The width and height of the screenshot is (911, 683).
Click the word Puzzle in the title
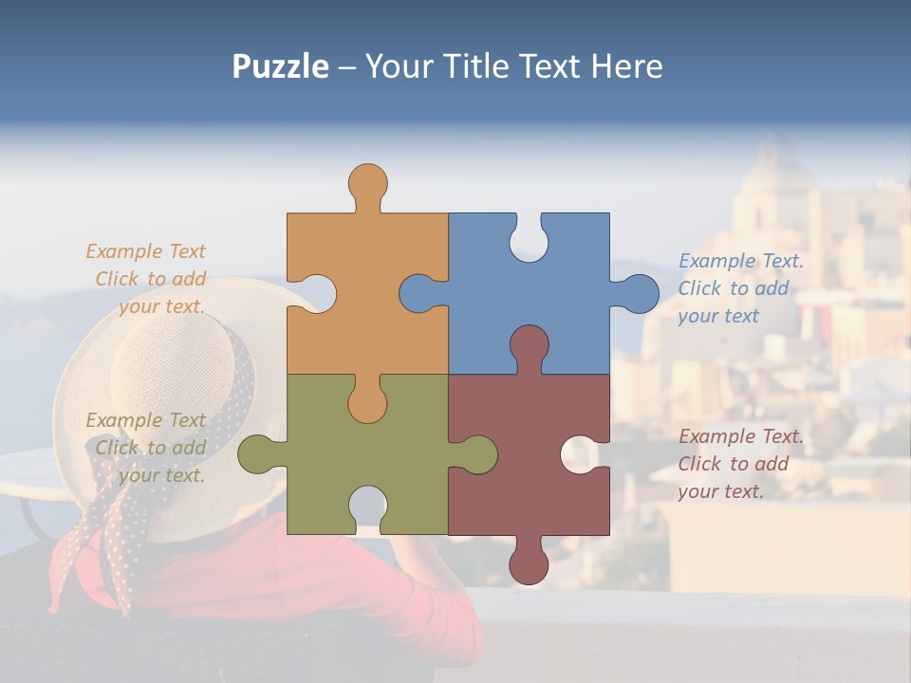[x=281, y=66]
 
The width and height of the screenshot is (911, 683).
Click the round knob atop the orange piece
[x=367, y=182]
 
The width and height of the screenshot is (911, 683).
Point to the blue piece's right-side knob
[x=639, y=293]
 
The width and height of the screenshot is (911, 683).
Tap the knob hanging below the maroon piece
[x=529, y=565]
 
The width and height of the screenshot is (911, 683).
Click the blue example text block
[x=739, y=288]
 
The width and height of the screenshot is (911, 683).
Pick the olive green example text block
[x=148, y=448]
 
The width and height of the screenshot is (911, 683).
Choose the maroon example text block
[x=739, y=464]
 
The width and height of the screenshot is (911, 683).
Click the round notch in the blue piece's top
[x=529, y=242]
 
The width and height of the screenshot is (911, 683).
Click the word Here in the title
[x=625, y=66]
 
